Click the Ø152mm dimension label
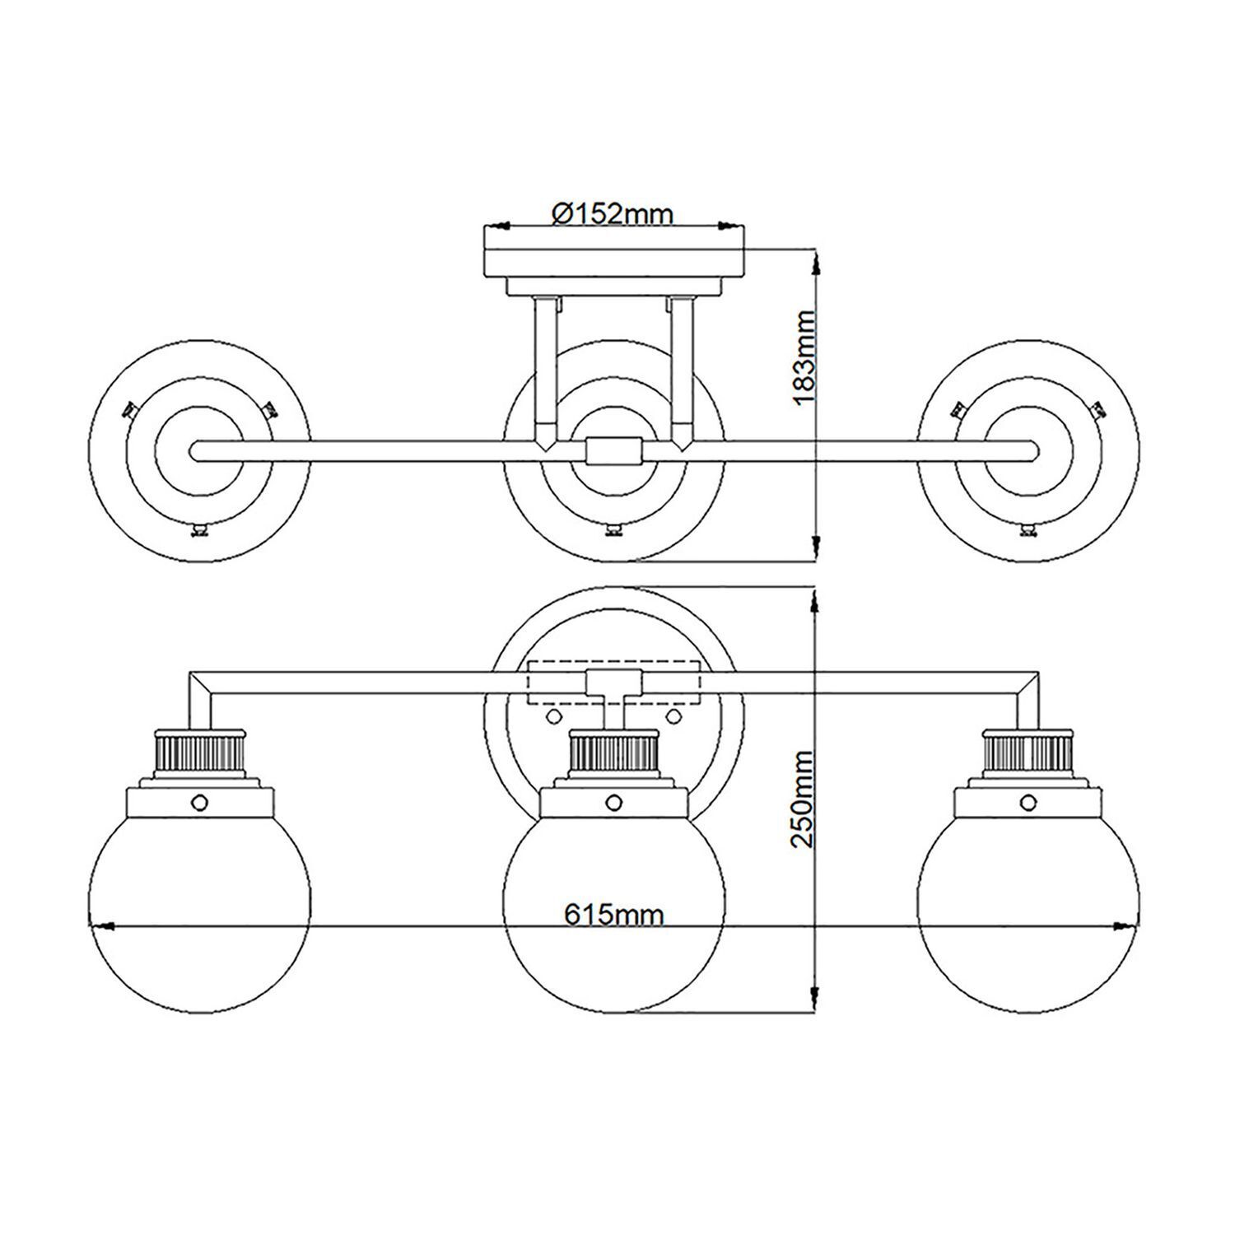point(613,214)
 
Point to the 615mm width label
point(614,913)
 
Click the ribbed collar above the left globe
point(200,750)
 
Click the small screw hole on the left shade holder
point(198,801)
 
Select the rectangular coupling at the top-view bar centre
point(613,450)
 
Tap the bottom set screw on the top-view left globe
point(198,530)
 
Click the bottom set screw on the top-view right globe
point(1028,530)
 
